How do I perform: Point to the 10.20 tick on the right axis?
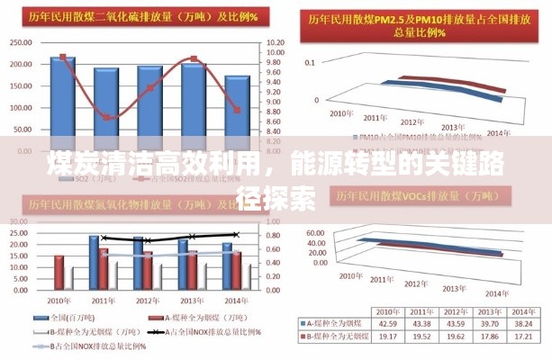tap(276, 42)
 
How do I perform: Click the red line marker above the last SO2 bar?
tap(238, 110)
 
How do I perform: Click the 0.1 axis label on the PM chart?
tap(310, 62)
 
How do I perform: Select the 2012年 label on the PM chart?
tap(411, 122)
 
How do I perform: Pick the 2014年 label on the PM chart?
tap(498, 134)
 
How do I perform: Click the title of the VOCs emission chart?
tap(405, 193)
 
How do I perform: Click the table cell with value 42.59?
tap(388, 324)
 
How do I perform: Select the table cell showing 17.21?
tap(522, 336)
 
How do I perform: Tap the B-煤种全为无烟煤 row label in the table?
tap(333, 336)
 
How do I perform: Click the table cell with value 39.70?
tap(489, 324)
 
